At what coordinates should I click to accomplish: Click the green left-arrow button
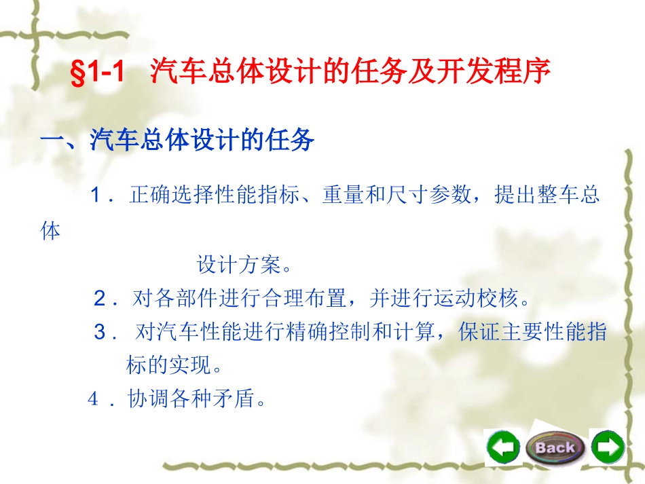[x=503, y=447]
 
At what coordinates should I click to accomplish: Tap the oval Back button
[x=555, y=447]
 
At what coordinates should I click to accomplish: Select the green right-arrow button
[x=607, y=447]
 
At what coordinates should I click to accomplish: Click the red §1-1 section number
[x=98, y=73]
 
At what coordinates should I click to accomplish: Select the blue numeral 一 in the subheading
[x=52, y=141]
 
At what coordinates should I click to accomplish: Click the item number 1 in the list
[x=96, y=197]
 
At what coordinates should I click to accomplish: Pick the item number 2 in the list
[x=100, y=297]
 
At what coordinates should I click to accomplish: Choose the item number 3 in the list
[x=100, y=333]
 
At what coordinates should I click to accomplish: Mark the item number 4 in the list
[x=94, y=400]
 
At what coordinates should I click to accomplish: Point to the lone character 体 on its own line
[x=51, y=231]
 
